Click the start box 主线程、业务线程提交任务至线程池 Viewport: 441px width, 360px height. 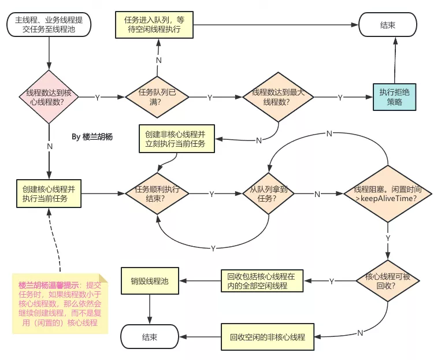[x=49, y=25]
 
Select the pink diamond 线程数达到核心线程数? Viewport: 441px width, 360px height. [x=49, y=97]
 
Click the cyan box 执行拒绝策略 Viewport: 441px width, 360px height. [x=394, y=97]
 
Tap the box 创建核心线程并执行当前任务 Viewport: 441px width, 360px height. [x=49, y=194]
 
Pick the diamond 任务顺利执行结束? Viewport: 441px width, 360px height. [x=158, y=194]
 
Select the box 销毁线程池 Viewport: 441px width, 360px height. [x=150, y=281]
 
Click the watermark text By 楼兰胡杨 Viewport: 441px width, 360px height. [x=92, y=137]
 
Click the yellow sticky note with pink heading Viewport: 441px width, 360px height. [x=60, y=303]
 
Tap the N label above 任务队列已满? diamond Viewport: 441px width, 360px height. [x=158, y=60]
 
